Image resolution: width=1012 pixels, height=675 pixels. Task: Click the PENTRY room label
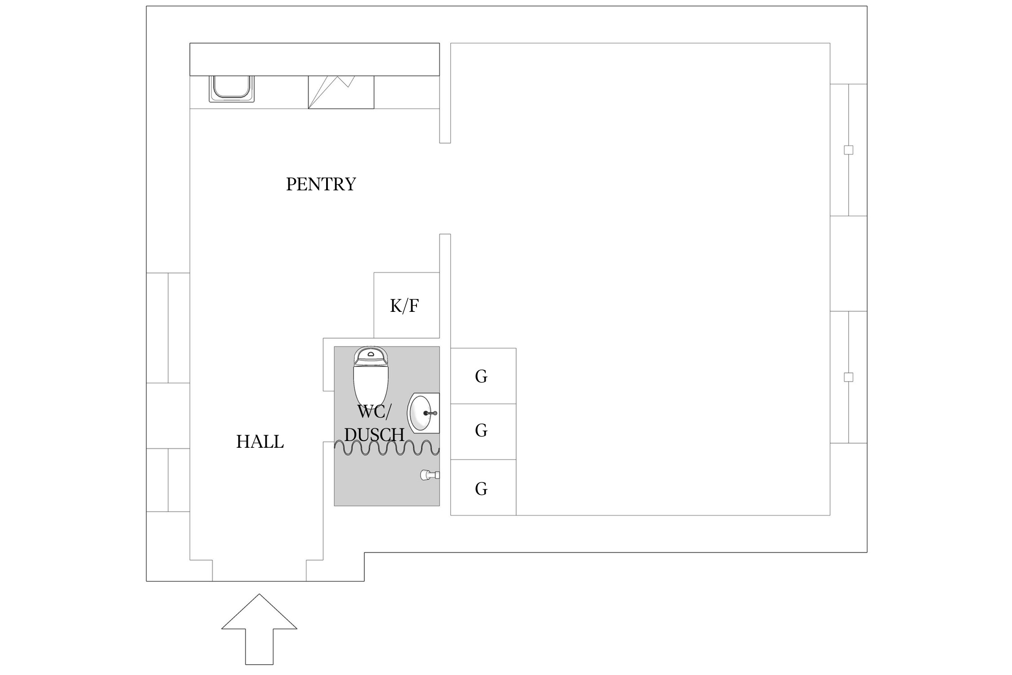click(x=321, y=184)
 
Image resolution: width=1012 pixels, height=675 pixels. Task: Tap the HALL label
click(x=260, y=442)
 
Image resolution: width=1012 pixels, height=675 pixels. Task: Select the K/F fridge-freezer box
click(x=406, y=305)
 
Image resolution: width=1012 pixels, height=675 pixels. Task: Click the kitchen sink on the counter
click(x=231, y=88)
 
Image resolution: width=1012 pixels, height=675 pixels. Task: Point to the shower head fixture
click(x=429, y=475)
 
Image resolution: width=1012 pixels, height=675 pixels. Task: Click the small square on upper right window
click(x=848, y=150)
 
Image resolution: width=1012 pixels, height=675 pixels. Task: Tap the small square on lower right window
click(x=848, y=377)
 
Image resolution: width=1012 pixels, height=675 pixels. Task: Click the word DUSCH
click(x=374, y=435)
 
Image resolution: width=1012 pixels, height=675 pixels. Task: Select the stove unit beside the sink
click(x=341, y=92)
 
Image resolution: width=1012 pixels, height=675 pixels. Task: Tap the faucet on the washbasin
click(x=431, y=413)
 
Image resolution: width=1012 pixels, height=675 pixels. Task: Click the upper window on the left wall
click(x=168, y=328)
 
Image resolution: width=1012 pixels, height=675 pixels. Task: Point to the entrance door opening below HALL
click(x=259, y=571)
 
